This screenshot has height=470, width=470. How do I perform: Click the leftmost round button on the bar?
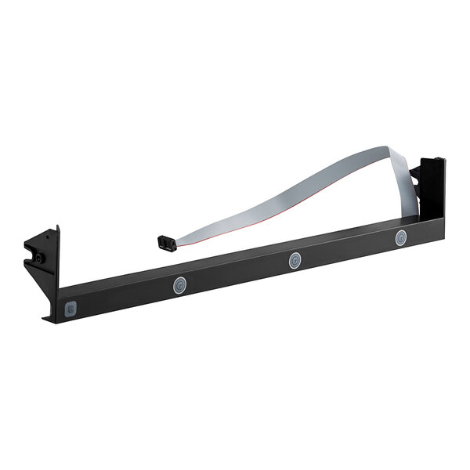(180, 285)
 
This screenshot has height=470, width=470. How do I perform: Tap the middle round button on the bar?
(295, 261)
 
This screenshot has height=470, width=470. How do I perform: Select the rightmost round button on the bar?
(400, 238)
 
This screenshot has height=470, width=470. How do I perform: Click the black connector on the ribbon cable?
(166, 242)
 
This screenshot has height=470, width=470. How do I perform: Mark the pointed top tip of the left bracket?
(56, 227)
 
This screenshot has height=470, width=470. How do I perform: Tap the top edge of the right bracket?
(432, 160)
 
